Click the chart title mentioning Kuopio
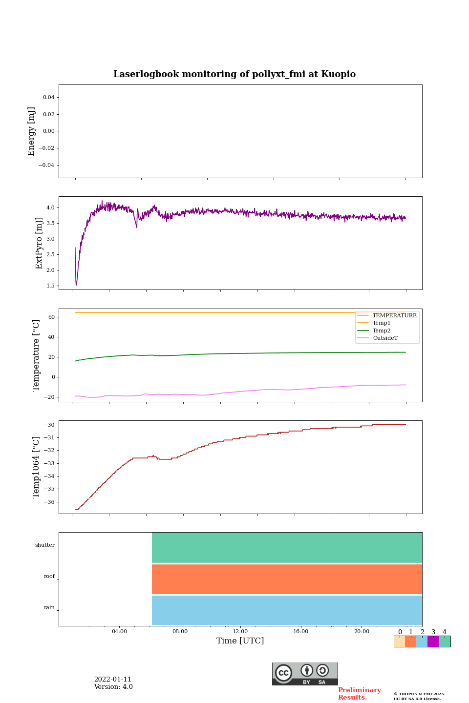point(234,74)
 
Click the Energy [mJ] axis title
point(32,131)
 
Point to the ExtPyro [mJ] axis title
point(39,243)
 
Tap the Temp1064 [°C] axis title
point(36,467)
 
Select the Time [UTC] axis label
point(240,641)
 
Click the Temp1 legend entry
point(382,323)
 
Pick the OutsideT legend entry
point(385,338)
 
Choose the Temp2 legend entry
point(382,331)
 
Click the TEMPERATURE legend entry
point(394,316)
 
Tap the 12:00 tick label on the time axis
point(240,631)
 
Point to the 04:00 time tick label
point(119,631)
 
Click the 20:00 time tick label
point(362,631)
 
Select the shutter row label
point(45,545)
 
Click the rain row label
point(49,608)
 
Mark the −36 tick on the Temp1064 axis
point(49,502)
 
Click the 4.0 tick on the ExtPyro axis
point(50,208)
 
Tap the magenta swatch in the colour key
point(433,641)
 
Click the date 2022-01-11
point(113,680)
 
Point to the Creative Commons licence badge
point(305,674)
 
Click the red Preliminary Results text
point(359,694)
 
